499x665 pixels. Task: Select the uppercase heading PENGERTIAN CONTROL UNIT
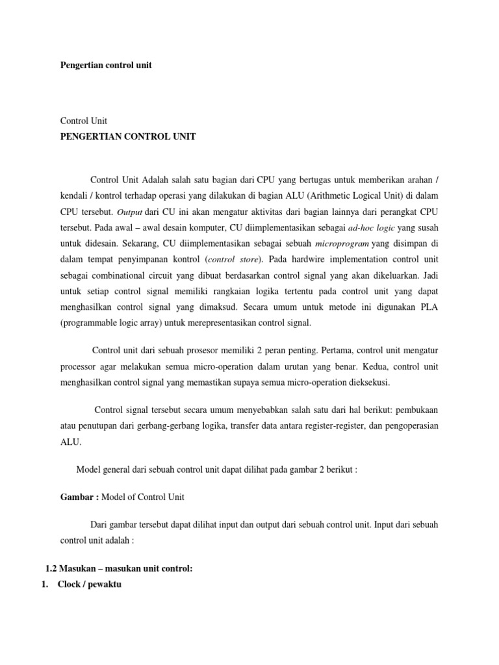coord(127,136)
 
